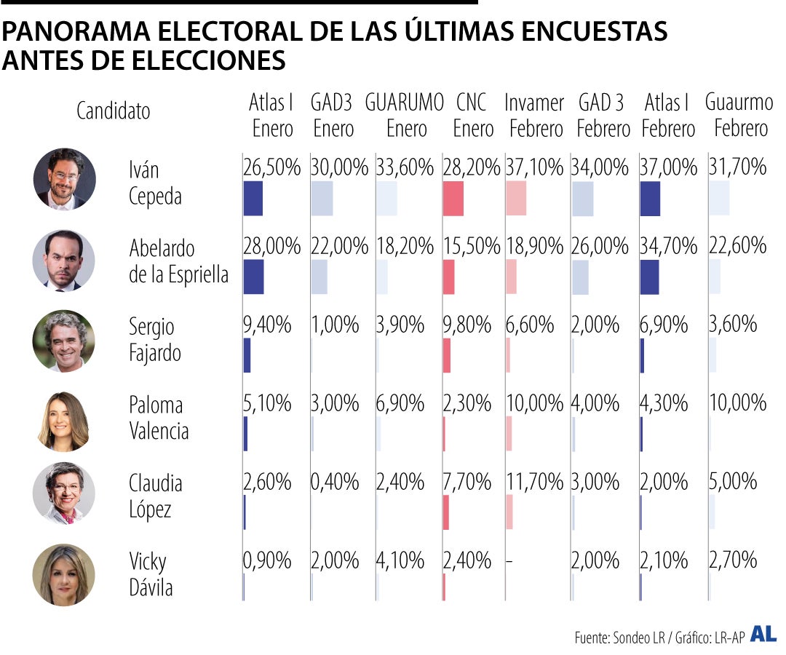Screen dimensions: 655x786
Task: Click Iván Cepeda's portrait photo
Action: click(64, 179)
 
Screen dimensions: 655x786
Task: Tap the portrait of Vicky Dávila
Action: click(64, 574)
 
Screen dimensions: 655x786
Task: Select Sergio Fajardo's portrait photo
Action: click(64, 341)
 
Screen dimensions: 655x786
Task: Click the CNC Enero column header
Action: click(472, 116)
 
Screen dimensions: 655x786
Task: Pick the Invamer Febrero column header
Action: click(535, 116)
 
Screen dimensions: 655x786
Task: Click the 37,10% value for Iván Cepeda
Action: click(534, 168)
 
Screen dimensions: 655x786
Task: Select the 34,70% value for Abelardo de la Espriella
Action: click(669, 246)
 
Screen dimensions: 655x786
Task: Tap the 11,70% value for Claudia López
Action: click(534, 482)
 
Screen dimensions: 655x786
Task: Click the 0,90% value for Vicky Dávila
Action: click(267, 560)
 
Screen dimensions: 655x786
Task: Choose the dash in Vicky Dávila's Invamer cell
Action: click(509, 561)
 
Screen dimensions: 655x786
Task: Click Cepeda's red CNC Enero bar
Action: click(453, 199)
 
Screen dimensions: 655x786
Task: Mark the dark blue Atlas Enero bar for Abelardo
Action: click(253, 277)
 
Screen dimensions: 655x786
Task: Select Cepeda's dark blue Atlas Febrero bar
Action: click(650, 199)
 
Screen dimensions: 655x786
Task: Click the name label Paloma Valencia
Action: click(159, 418)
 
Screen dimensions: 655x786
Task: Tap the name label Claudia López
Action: click(155, 496)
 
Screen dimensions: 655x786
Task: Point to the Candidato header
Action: click(114, 111)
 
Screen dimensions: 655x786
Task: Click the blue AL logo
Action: click(763, 634)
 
